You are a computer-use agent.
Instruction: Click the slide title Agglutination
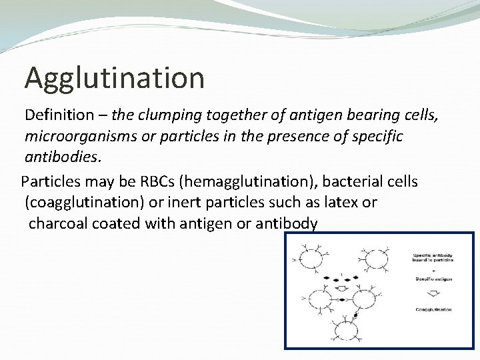tap(114, 78)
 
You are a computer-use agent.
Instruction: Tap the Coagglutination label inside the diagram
tap(433, 309)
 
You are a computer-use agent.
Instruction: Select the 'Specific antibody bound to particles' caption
tap(434, 257)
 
